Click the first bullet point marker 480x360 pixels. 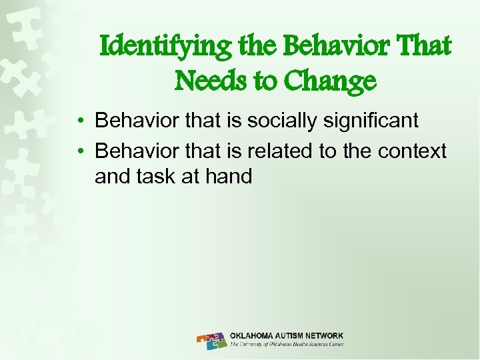coord(79,121)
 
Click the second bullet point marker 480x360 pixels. coord(79,152)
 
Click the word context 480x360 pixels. coord(412,151)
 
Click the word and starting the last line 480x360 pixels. coord(113,177)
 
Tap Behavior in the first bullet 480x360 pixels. coord(134,121)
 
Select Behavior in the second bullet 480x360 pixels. coord(134,151)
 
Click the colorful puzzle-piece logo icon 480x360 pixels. coord(212,341)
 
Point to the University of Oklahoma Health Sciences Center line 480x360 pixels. coord(286,345)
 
